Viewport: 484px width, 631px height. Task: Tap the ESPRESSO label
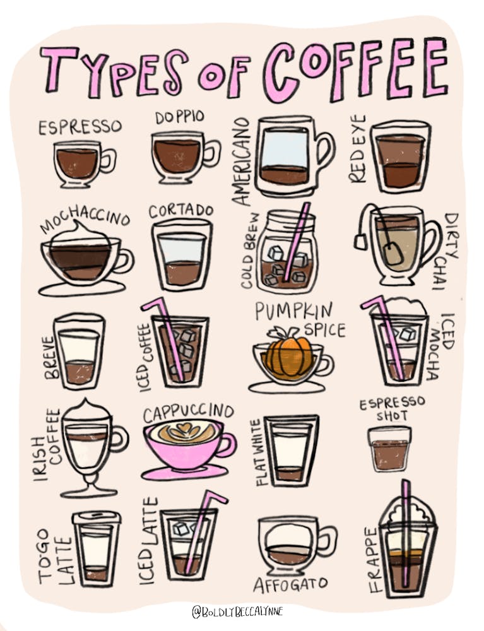[80, 127]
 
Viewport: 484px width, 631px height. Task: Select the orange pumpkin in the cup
[288, 355]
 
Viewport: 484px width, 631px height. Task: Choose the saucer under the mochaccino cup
[82, 289]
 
